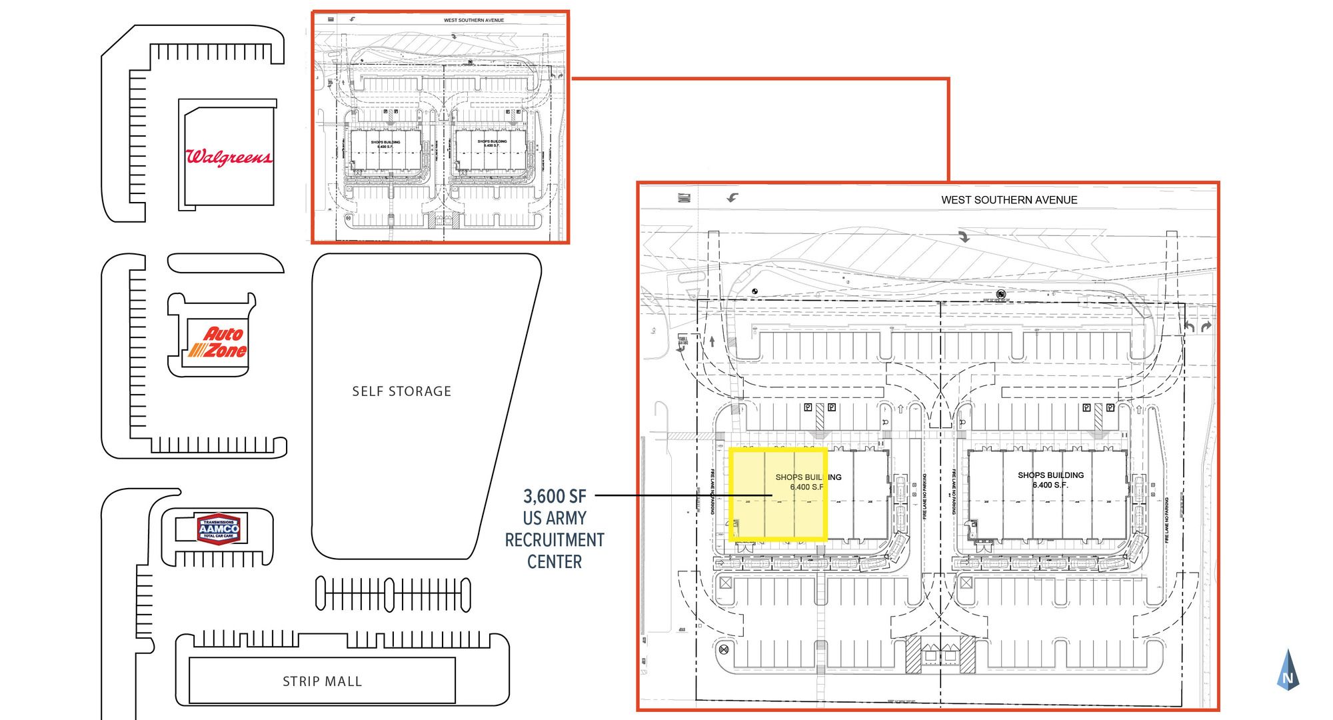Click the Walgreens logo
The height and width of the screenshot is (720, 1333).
[228, 157]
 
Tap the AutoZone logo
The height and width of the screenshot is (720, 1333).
[218, 343]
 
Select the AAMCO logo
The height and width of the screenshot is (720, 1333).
[219, 529]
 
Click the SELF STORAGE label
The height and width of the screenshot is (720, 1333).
[401, 391]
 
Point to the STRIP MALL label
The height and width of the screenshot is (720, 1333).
[322, 681]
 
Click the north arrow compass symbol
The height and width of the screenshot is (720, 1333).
[1288, 670]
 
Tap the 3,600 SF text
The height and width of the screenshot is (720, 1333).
[555, 497]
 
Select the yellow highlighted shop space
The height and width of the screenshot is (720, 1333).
[778, 493]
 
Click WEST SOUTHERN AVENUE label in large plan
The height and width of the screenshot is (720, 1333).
[1009, 200]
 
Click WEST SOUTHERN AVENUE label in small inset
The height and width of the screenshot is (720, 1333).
[474, 20]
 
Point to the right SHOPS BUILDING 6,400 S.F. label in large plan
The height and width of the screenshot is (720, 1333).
[1050, 480]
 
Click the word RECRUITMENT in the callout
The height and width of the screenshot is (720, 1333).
[555, 540]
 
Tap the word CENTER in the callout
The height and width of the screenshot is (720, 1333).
[555, 562]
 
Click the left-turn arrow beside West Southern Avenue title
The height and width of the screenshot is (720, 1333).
[733, 197]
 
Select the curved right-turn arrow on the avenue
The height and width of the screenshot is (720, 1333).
[964, 236]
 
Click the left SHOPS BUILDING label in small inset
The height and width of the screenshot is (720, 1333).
[386, 143]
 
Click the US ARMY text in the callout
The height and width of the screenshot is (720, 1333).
[555, 518]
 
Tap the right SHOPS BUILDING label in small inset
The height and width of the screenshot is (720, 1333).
[492, 143]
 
